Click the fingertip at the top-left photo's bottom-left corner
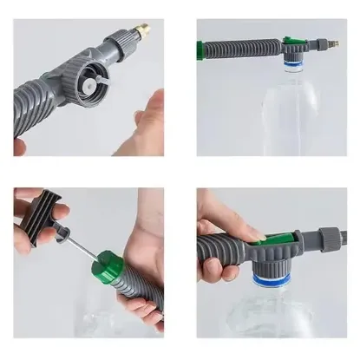tap(19, 147)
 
